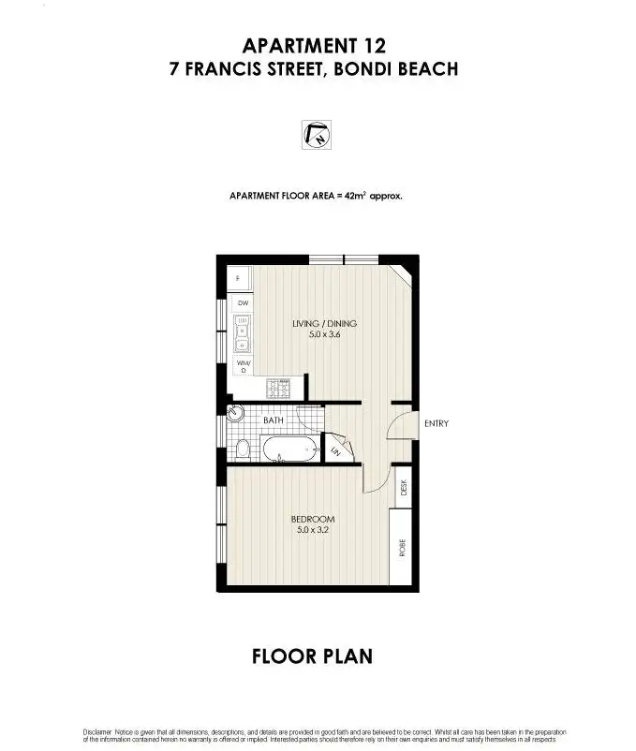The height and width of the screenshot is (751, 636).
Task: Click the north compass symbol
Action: pos(318,136)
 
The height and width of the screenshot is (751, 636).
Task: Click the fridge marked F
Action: pos(238,277)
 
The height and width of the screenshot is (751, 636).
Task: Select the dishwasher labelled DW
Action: pos(242,303)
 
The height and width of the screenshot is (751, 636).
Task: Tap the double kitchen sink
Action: pos(242,332)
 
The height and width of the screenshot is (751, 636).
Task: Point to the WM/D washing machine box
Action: pos(242,366)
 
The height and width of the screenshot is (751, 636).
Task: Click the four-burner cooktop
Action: pos(280,386)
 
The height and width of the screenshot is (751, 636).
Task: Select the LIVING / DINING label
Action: pos(324,324)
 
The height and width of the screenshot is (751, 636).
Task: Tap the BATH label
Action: pos(274,421)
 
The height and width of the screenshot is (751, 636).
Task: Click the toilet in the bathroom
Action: pos(242,449)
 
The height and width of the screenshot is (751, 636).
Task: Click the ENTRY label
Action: pos(436,423)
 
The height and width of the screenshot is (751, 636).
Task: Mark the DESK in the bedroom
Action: pos(404,487)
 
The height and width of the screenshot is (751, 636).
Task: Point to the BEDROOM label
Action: pos(312,520)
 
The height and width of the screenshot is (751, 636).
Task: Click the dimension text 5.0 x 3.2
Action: pos(312,531)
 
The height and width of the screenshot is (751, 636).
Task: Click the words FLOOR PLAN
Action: pos(312,655)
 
